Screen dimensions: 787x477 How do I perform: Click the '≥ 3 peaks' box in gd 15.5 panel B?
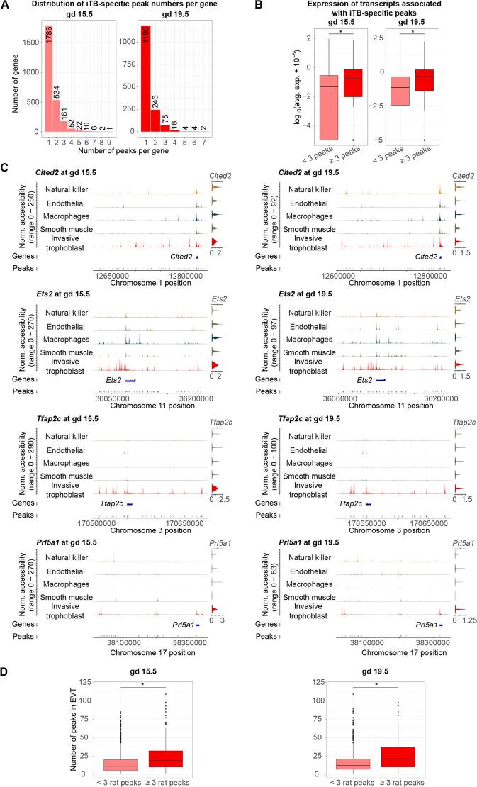pyautogui.click(x=352, y=83)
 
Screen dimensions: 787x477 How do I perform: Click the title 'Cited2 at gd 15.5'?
pyautogui.click(x=66, y=173)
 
